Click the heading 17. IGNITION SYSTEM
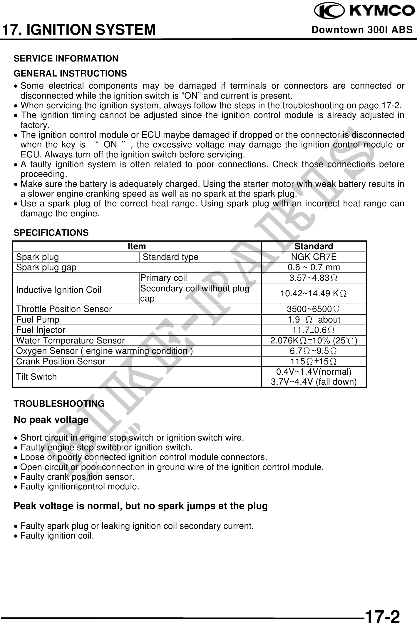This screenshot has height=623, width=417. click(x=79, y=30)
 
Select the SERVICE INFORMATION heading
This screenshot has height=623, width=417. click(x=66, y=59)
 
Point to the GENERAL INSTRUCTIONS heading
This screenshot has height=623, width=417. click(x=71, y=73)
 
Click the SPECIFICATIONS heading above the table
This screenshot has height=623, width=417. click(x=51, y=233)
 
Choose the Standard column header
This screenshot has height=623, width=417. click(x=314, y=246)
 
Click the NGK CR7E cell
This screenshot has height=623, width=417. click(x=314, y=257)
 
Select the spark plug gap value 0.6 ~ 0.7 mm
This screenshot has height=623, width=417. click(x=314, y=267)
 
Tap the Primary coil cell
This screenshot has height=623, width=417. click(x=164, y=278)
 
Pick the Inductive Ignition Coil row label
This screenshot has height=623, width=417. click(x=59, y=290)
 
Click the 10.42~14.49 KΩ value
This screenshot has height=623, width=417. click(x=314, y=293)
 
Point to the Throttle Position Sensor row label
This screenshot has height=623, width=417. click(x=64, y=309)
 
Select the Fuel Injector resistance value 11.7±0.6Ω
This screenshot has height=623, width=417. click(x=314, y=330)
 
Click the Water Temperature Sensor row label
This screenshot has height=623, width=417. click(x=71, y=340)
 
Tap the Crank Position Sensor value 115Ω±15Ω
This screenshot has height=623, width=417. click(x=314, y=361)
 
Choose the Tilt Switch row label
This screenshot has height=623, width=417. click(x=36, y=377)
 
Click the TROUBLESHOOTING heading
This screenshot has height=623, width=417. click(x=59, y=403)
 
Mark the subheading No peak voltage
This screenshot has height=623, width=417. click(x=51, y=420)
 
